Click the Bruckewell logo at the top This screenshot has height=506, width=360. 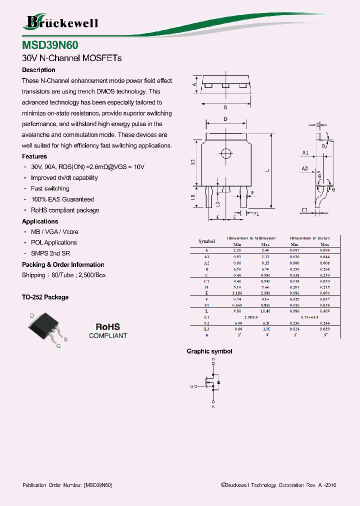(61, 21)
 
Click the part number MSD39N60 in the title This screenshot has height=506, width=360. (50, 45)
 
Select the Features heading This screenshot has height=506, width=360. (34, 156)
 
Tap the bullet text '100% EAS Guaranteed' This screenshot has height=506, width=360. (62, 199)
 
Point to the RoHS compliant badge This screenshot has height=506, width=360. (108, 330)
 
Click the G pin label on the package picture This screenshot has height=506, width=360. (58, 346)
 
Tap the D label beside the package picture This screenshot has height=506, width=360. (32, 315)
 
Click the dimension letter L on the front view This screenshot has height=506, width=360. (267, 170)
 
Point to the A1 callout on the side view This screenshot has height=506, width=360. (305, 152)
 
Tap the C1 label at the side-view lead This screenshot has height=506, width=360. (304, 210)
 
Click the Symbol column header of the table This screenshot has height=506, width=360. (206, 241)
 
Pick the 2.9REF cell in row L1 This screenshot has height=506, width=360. (251, 317)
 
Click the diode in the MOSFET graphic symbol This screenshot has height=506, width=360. (218, 383)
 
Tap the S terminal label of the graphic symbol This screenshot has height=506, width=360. (213, 407)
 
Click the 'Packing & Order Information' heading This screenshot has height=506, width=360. (63, 264)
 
